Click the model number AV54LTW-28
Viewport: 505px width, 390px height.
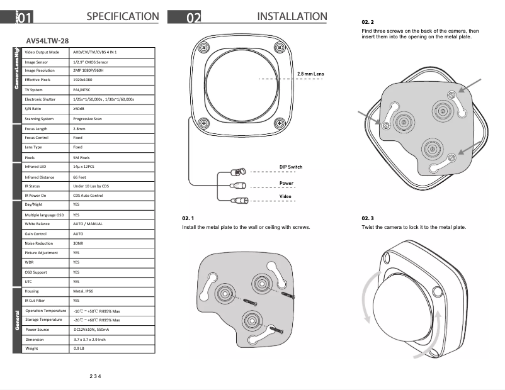click(x=47, y=40)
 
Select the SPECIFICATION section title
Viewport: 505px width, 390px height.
click(x=122, y=17)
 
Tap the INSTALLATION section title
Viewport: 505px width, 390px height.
click(x=292, y=17)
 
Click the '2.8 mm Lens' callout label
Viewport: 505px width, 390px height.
click(x=310, y=74)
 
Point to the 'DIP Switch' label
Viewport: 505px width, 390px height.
click(x=291, y=167)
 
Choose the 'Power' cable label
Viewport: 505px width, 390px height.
click(x=287, y=183)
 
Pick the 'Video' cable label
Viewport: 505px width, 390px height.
click(x=286, y=197)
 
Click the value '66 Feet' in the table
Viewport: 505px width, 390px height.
click(x=80, y=177)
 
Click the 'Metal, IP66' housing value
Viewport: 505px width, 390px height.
click(x=84, y=292)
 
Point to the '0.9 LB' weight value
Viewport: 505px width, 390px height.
click(x=79, y=348)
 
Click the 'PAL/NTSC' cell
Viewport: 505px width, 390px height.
click(x=82, y=90)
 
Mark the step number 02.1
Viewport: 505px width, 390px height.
click(x=188, y=218)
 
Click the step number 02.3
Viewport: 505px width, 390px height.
click(x=368, y=218)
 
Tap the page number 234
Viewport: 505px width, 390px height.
click(x=95, y=376)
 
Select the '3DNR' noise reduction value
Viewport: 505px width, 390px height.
click(x=79, y=243)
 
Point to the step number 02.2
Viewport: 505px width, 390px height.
click(x=368, y=22)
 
